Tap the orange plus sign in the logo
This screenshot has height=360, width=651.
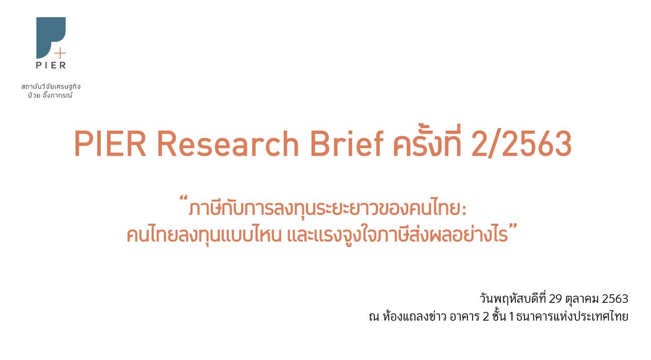pos(60,53)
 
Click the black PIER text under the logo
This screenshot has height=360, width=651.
pos(51,64)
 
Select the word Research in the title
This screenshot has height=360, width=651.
pos(228,144)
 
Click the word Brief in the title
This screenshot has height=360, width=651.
pos(347,143)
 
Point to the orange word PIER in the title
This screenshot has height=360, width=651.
pos(110,143)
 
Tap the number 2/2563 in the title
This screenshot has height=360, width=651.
pos(521,144)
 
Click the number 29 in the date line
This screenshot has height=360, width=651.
pos(555,299)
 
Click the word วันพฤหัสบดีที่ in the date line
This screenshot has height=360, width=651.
pos(513,298)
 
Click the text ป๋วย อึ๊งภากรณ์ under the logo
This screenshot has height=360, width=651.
pos(50,95)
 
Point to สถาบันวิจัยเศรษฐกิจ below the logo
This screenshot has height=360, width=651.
pos(51,86)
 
